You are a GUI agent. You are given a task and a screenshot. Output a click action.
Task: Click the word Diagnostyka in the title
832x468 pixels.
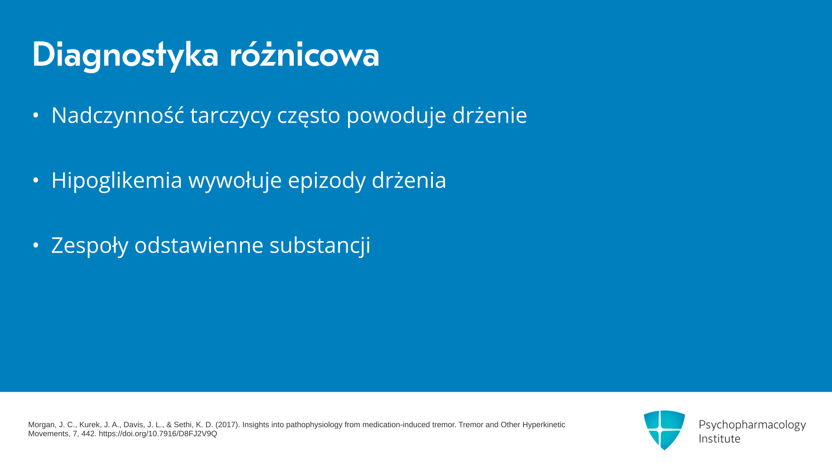pos(125,55)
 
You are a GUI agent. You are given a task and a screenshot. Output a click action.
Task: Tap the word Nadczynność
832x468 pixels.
pos(117,115)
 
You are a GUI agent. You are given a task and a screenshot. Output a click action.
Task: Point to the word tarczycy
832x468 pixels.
pos(231,116)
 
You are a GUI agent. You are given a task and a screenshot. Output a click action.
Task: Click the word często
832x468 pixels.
pos(309,116)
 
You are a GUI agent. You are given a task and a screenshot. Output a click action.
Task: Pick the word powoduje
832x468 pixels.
pos(396,116)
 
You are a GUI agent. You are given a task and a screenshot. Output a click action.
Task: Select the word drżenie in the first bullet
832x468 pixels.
pos(490,114)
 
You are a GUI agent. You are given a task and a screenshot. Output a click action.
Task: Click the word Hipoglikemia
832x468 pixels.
pos(117,180)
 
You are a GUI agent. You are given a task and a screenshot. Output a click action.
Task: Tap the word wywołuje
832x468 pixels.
pos(235,180)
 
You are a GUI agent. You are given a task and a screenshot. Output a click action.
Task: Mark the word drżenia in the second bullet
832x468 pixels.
pos(409,179)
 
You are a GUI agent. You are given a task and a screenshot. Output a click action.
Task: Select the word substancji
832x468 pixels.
pos(320,245)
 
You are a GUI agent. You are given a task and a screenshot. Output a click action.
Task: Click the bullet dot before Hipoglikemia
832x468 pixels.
pos(36,180)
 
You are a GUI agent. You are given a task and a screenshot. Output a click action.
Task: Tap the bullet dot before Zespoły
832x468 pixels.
pos(36,245)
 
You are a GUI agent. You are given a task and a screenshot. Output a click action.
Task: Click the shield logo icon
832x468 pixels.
pos(664,430)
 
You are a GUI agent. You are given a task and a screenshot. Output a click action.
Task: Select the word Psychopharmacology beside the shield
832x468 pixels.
pos(752,425)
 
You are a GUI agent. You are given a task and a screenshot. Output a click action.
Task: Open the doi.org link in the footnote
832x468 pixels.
pos(158,434)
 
